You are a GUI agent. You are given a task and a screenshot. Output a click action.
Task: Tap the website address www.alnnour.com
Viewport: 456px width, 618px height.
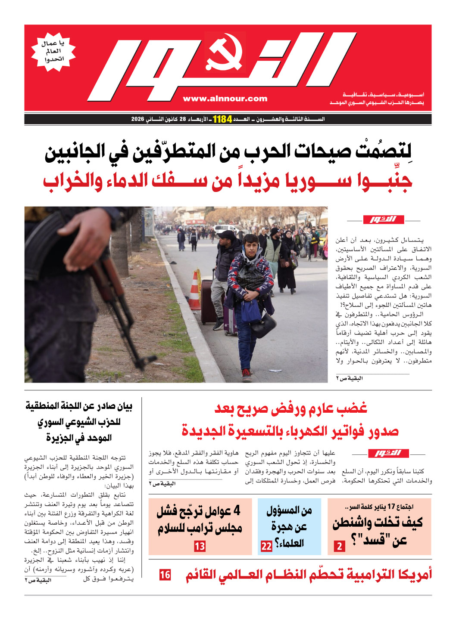(x=225, y=99)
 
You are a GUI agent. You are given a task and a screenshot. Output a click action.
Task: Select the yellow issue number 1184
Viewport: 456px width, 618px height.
(x=222, y=119)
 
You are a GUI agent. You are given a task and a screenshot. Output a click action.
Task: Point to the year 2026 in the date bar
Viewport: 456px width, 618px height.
(x=137, y=119)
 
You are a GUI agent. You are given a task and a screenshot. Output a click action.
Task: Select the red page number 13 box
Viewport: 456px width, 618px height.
(x=200, y=546)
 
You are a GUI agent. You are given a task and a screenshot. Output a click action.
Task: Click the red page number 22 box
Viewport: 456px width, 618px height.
(x=266, y=546)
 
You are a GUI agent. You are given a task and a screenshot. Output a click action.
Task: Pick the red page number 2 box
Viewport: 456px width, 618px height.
(x=340, y=546)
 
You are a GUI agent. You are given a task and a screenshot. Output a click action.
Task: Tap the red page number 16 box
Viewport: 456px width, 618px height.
(x=165, y=575)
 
